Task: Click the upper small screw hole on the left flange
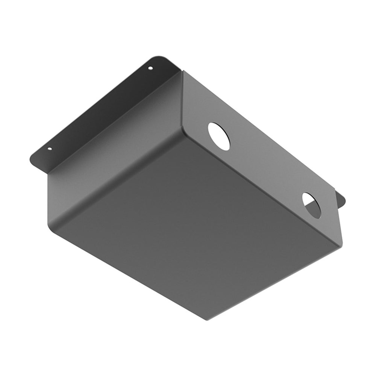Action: coord(150,68)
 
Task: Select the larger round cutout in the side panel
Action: coord(219,136)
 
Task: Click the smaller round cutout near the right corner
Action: coord(312,205)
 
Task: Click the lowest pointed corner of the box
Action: coord(207,320)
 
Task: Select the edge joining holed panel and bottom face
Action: coord(259,188)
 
